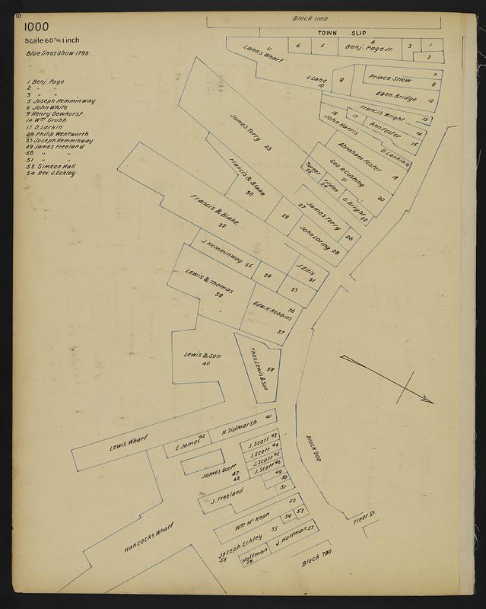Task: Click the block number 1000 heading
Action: [x=36, y=27]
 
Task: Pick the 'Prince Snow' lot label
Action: [x=391, y=78]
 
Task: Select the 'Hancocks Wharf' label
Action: [x=149, y=537]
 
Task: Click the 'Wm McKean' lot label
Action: [x=252, y=520]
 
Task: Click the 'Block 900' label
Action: [x=314, y=446]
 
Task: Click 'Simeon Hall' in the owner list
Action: [x=53, y=167]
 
